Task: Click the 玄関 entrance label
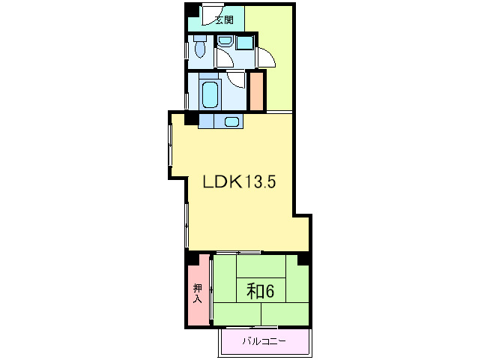(224, 19)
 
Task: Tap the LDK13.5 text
(239, 182)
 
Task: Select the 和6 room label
(260, 291)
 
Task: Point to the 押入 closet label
(198, 293)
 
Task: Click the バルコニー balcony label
(264, 340)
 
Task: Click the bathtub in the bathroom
(211, 94)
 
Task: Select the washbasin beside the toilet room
(226, 41)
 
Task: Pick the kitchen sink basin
(232, 121)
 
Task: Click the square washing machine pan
(245, 43)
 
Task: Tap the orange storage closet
(256, 91)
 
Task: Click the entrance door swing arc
(211, 16)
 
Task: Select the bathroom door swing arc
(236, 79)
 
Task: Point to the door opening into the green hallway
(267, 57)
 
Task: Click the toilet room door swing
(225, 58)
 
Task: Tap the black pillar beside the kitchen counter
(192, 118)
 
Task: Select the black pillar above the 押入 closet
(193, 259)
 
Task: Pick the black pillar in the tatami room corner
(303, 259)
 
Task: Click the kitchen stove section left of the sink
(206, 121)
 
